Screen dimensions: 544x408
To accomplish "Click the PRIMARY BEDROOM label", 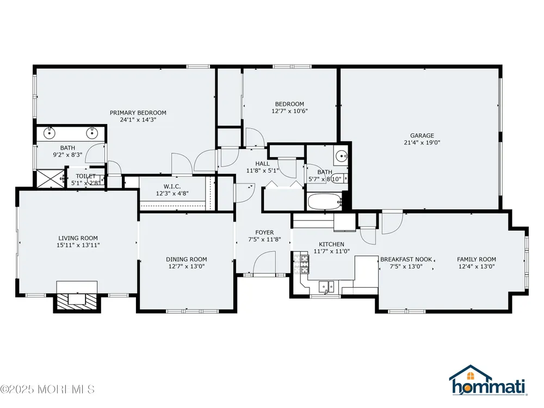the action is click(138, 113).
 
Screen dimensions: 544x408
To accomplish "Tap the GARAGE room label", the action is click(422, 135).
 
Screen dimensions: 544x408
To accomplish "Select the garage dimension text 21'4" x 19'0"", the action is click(422, 143).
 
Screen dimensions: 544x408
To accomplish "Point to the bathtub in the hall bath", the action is click(325, 202).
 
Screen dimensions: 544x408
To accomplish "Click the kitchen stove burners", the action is click(301, 264).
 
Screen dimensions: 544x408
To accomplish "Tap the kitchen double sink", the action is click(326, 287).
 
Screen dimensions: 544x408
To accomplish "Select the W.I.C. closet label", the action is click(172, 187).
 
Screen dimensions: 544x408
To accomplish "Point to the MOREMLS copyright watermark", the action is click(47, 390).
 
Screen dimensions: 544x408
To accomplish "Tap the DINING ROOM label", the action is click(186, 259).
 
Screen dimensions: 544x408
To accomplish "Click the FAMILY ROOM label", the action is click(477, 259).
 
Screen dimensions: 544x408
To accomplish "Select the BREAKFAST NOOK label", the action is click(406, 259).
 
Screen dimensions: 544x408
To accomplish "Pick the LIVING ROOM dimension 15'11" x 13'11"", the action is click(78, 245).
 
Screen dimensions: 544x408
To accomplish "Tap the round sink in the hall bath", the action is click(341, 156).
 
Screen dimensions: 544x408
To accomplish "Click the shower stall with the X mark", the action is click(51, 178).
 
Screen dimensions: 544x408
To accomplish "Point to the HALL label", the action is click(262, 164).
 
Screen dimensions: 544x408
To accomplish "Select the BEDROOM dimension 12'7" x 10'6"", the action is click(289, 112).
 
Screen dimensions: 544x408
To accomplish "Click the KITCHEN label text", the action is click(331, 245).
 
